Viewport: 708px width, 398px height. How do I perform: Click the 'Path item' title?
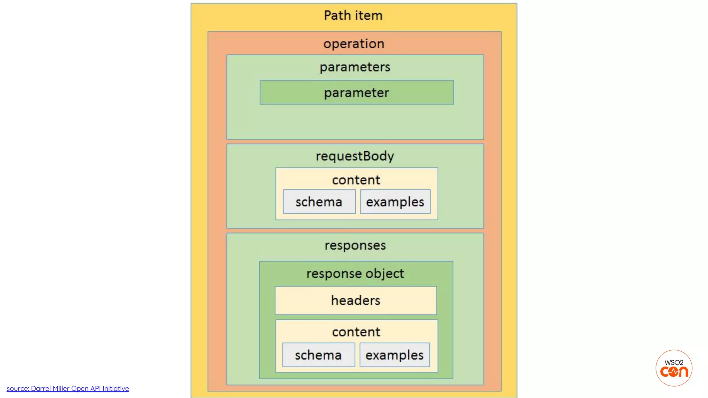point(353,16)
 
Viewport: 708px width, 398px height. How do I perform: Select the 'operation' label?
point(354,44)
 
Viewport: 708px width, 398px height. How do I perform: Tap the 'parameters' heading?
point(355,67)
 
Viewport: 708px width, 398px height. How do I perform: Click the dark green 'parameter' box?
point(356,93)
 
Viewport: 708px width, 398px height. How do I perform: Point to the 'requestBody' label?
point(355,156)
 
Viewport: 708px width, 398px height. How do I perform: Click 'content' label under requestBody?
point(356,180)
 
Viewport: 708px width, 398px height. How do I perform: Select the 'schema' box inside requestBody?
point(319,202)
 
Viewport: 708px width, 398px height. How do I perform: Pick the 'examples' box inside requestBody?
point(395,202)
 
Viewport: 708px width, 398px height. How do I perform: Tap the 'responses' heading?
point(355,245)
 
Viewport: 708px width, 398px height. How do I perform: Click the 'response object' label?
point(355,274)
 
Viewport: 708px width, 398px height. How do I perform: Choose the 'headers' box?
point(356,301)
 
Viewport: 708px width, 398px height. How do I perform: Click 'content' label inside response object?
point(356,332)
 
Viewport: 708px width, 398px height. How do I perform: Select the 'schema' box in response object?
point(318,355)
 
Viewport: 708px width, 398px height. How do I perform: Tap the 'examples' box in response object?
point(394,355)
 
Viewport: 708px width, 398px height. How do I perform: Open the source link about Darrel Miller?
point(68,389)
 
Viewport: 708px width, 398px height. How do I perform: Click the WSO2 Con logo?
point(674,368)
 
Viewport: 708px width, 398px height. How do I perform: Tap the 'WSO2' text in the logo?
point(674,362)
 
